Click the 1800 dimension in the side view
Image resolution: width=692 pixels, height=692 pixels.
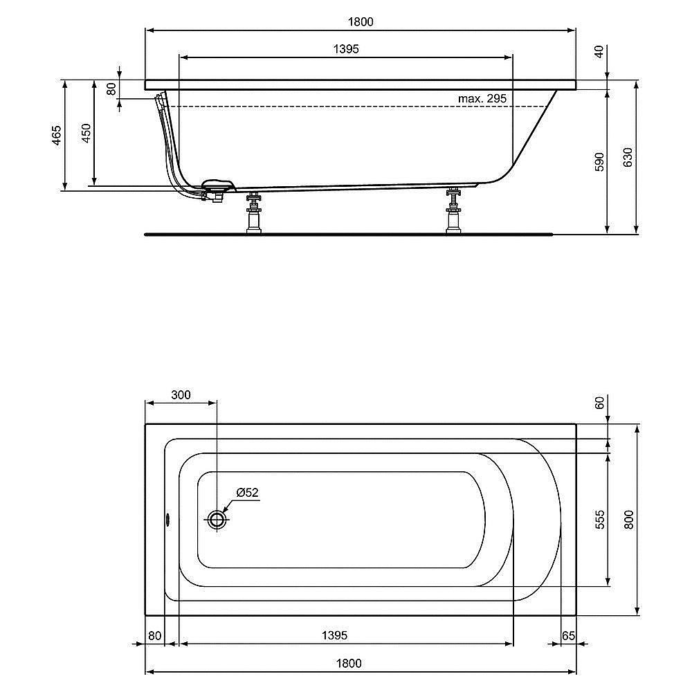coord(361,21)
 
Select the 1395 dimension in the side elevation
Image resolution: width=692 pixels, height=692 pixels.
coord(346,48)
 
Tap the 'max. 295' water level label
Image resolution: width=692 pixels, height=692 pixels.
coord(482,99)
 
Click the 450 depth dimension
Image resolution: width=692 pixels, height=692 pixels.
coord(86,133)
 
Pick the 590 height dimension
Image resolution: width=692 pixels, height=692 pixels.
coord(599,161)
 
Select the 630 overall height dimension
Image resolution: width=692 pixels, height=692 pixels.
coord(628,158)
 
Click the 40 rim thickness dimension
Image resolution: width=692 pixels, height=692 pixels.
coord(599,51)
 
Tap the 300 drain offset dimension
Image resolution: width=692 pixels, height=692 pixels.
coord(180,395)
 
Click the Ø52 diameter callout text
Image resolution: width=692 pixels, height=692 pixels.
coord(247,493)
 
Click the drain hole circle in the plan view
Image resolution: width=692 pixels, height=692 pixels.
coord(217,520)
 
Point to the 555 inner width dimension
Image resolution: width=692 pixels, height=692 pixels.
coord(599,519)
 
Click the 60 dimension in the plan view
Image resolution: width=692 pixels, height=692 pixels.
coord(599,402)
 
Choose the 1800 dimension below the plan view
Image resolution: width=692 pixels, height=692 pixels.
coord(349,662)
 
